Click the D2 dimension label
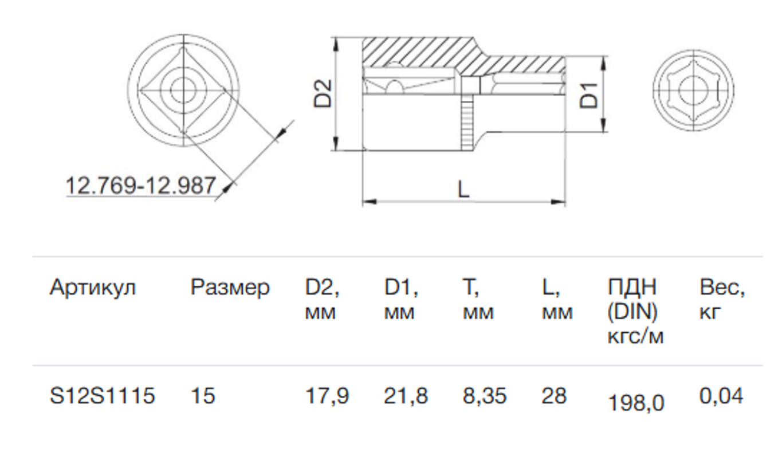[323, 93]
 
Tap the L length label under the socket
[463, 188]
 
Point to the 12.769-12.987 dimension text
[141, 186]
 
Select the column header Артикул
[93, 288]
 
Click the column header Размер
[230, 288]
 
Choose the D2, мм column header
[322, 300]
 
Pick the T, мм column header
[478, 300]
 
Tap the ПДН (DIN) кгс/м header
[635, 312]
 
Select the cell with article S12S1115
[102, 396]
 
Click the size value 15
[203, 396]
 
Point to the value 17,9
[327, 396]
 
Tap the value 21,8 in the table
[406, 396]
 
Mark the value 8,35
[485, 396]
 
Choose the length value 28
[554, 396]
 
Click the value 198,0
[636, 403]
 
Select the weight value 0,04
[721, 396]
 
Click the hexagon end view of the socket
[693, 92]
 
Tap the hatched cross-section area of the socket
[418, 53]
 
